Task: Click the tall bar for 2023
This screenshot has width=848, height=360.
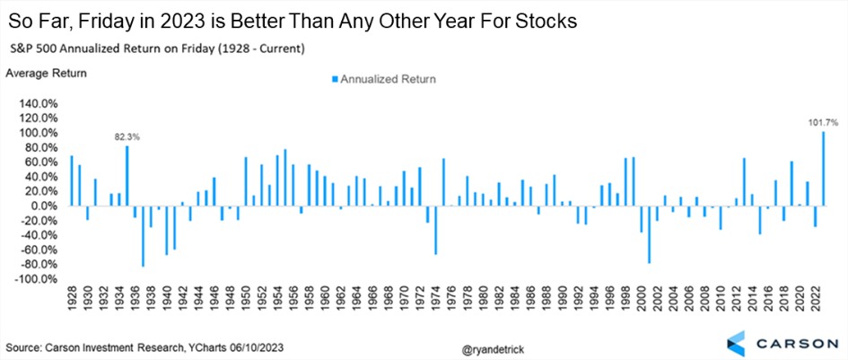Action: click(824, 169)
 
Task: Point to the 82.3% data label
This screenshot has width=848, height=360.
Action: click(127, 136)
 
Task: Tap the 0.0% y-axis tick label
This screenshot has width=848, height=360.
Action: click(43, 206)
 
